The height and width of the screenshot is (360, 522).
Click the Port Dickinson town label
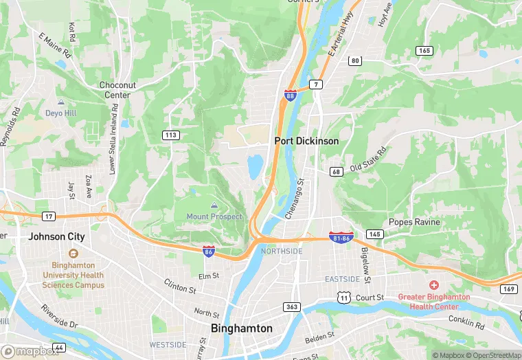point(306,140)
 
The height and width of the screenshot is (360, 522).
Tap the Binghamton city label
point(241,328)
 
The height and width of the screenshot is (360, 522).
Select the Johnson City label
point(56,236)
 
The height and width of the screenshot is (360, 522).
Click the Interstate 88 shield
point(291,95)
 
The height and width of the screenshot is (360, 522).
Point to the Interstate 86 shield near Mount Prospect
point(209,252)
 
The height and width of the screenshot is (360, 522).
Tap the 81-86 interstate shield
point(341,237)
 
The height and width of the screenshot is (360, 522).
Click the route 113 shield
point(172,135)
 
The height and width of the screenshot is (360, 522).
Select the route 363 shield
point(293,306)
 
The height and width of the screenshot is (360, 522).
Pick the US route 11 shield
point(343,297)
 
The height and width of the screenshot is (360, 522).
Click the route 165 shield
point(424,50)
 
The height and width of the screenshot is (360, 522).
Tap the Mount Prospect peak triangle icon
point(214,205)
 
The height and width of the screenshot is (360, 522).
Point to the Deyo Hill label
point(61,113)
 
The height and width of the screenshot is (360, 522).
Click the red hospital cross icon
point(434,284)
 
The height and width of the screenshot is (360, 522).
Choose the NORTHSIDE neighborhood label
point(282,251)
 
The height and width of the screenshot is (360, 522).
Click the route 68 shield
point(336,171)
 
